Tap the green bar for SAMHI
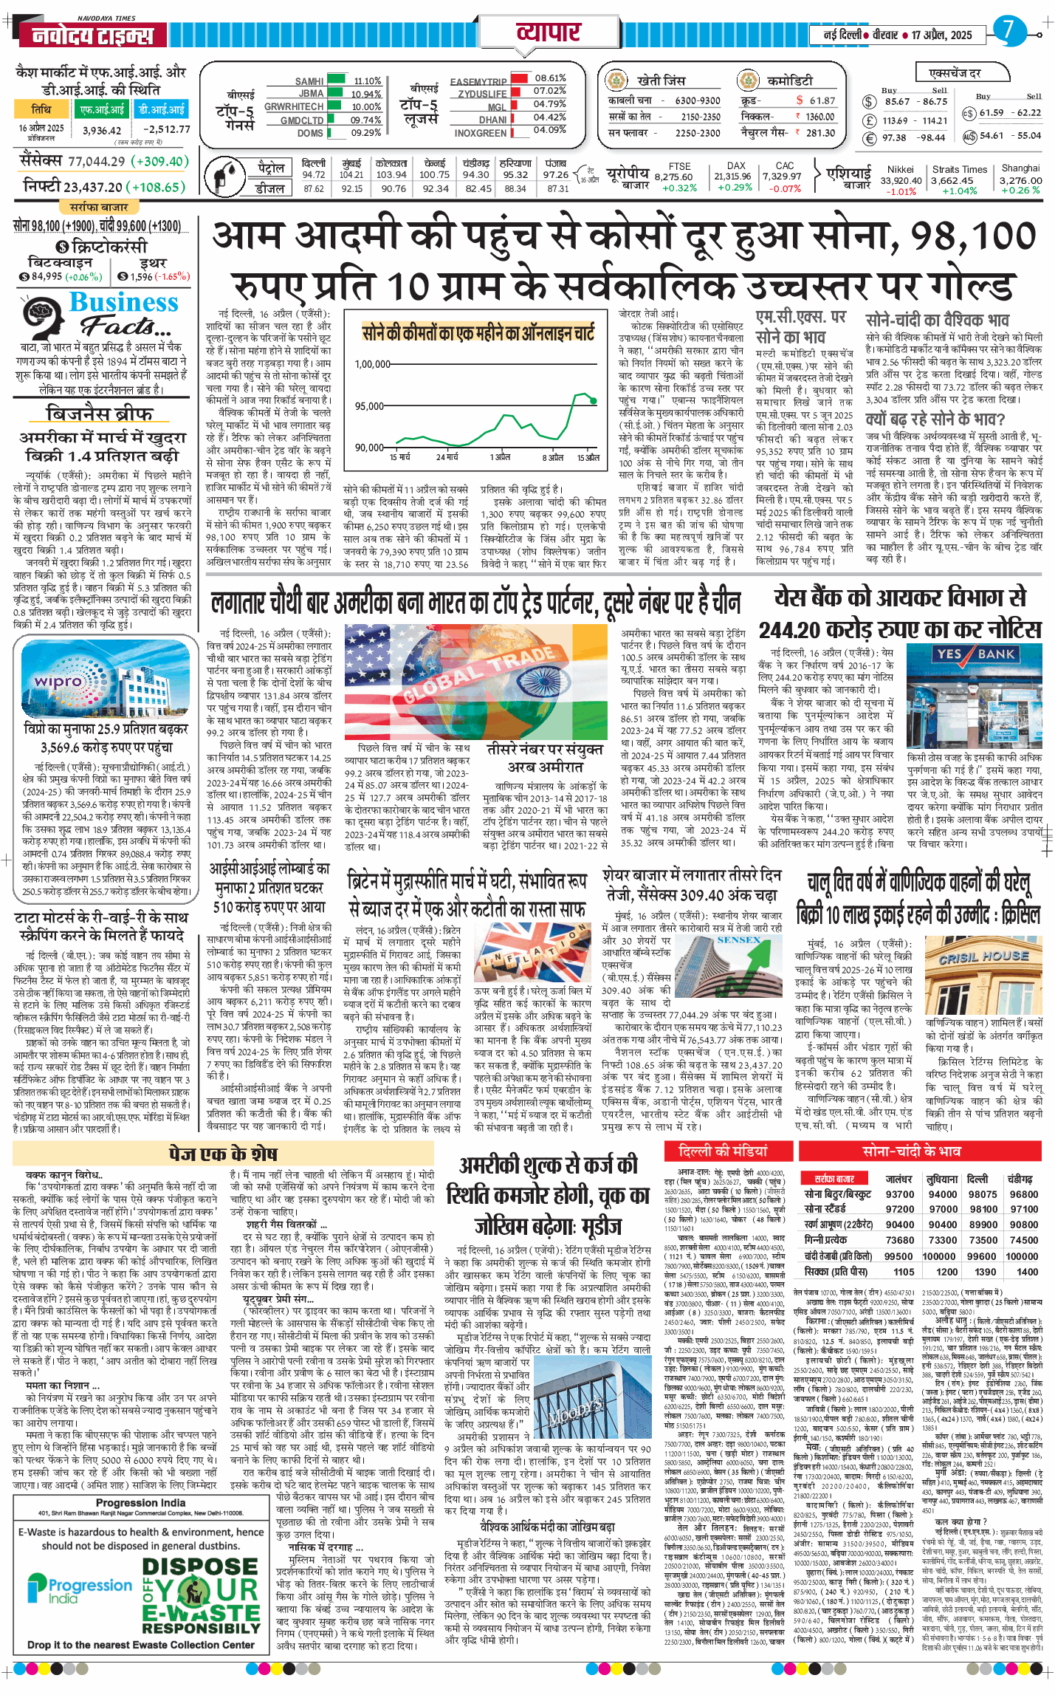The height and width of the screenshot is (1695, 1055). pos(336,81)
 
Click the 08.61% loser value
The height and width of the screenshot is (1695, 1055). pos(550,78)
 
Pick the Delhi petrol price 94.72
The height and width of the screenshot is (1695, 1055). pos(314,175)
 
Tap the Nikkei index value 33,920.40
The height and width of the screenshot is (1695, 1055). pos(901,180)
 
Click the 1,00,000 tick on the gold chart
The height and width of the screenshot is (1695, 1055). pos(373,364)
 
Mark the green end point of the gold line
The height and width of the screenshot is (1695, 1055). pos(594,401)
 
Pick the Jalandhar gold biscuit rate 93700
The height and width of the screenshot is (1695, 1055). pos(900,1194)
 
